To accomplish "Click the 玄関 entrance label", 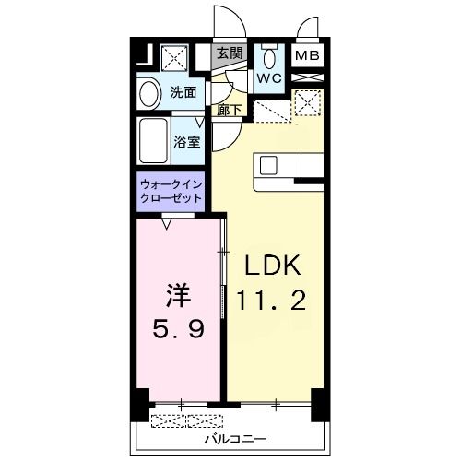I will coord(230,53).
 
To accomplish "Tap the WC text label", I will coord(268,78).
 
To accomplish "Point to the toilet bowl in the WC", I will coord(269,56).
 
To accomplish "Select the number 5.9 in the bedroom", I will coord(178,328).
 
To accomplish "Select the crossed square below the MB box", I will coord(306,101).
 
